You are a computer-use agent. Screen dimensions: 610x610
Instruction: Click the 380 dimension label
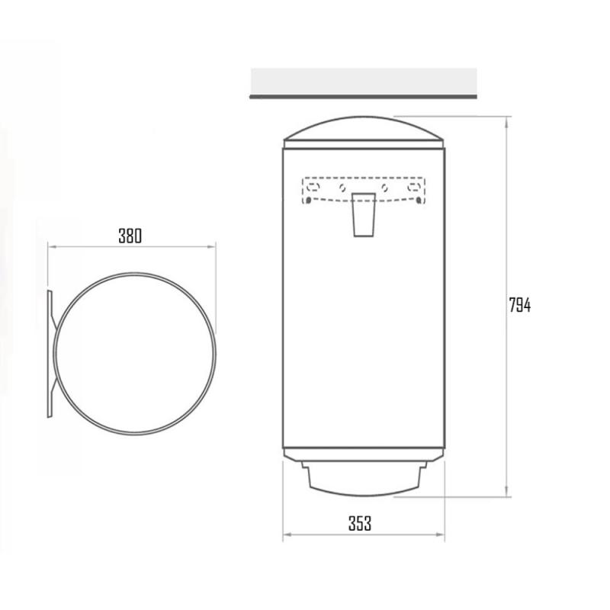point(130,236)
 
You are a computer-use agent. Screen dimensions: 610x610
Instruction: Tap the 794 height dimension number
point(520,305)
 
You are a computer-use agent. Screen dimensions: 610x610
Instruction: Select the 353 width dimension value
point(360,523)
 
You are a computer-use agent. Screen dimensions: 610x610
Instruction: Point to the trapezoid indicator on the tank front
point(364,215)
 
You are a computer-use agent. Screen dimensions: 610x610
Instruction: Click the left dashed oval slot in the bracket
point(313,188)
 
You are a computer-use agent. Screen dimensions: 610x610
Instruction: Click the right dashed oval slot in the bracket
point(413,188)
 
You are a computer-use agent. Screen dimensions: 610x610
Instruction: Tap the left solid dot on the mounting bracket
point(308,201)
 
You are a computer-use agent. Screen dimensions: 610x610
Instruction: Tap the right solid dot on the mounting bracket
point(419,201)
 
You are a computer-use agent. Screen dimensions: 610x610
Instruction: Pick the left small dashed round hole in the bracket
point(342,188)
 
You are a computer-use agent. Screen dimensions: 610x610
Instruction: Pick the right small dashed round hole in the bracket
point(384,188)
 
